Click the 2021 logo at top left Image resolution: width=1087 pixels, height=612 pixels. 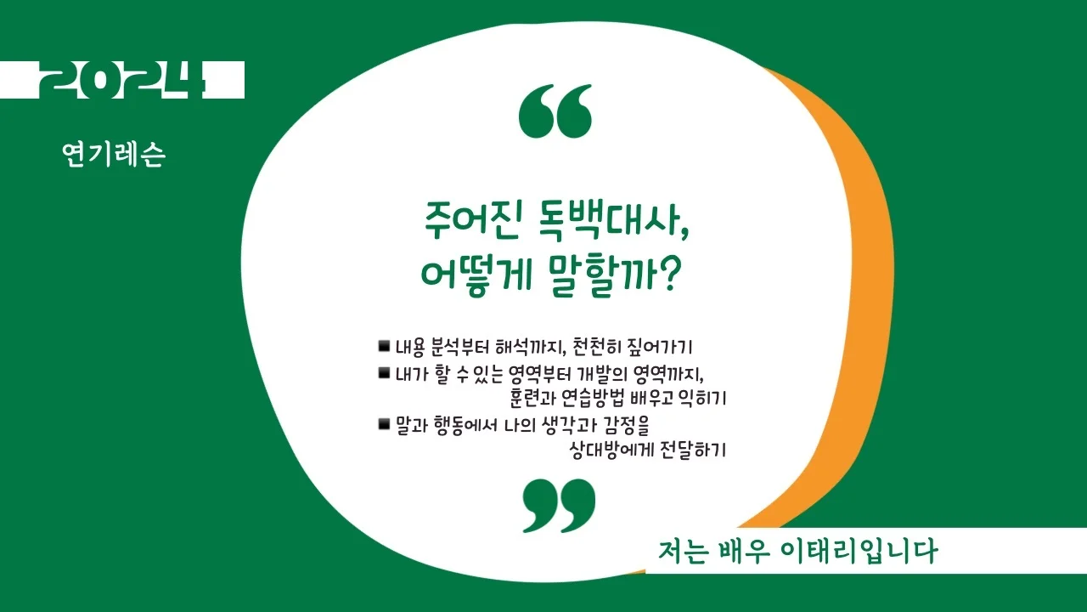point(123,80)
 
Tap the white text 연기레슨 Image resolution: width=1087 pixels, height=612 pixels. point(114,154)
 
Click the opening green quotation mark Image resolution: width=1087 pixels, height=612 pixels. point(555,111)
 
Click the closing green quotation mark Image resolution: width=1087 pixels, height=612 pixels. point(559,505)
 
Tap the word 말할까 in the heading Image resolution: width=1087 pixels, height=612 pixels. point(599,275)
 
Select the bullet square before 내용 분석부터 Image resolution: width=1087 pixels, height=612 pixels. point(384,346)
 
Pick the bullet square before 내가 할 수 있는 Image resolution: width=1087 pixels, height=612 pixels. point(384,372)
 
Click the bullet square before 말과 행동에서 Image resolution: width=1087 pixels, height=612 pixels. point(384,423)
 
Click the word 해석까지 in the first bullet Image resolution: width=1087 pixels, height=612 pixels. point(532,347)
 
